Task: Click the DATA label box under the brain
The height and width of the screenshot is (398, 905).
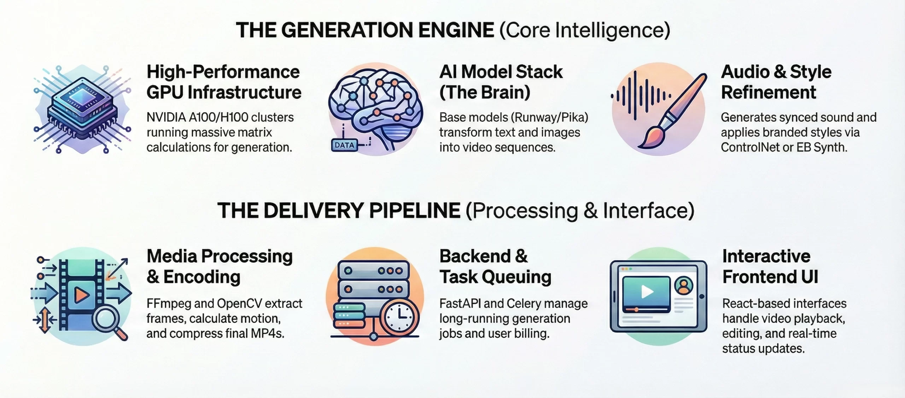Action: tap(344, 145)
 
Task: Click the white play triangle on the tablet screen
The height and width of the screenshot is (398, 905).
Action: tap(647, 292)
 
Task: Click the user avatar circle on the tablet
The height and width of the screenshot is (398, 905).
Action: tap(684, 285)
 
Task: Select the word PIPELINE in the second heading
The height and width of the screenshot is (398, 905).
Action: tap(415, 210)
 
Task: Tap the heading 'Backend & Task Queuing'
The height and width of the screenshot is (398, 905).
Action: tap(495, 267)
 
